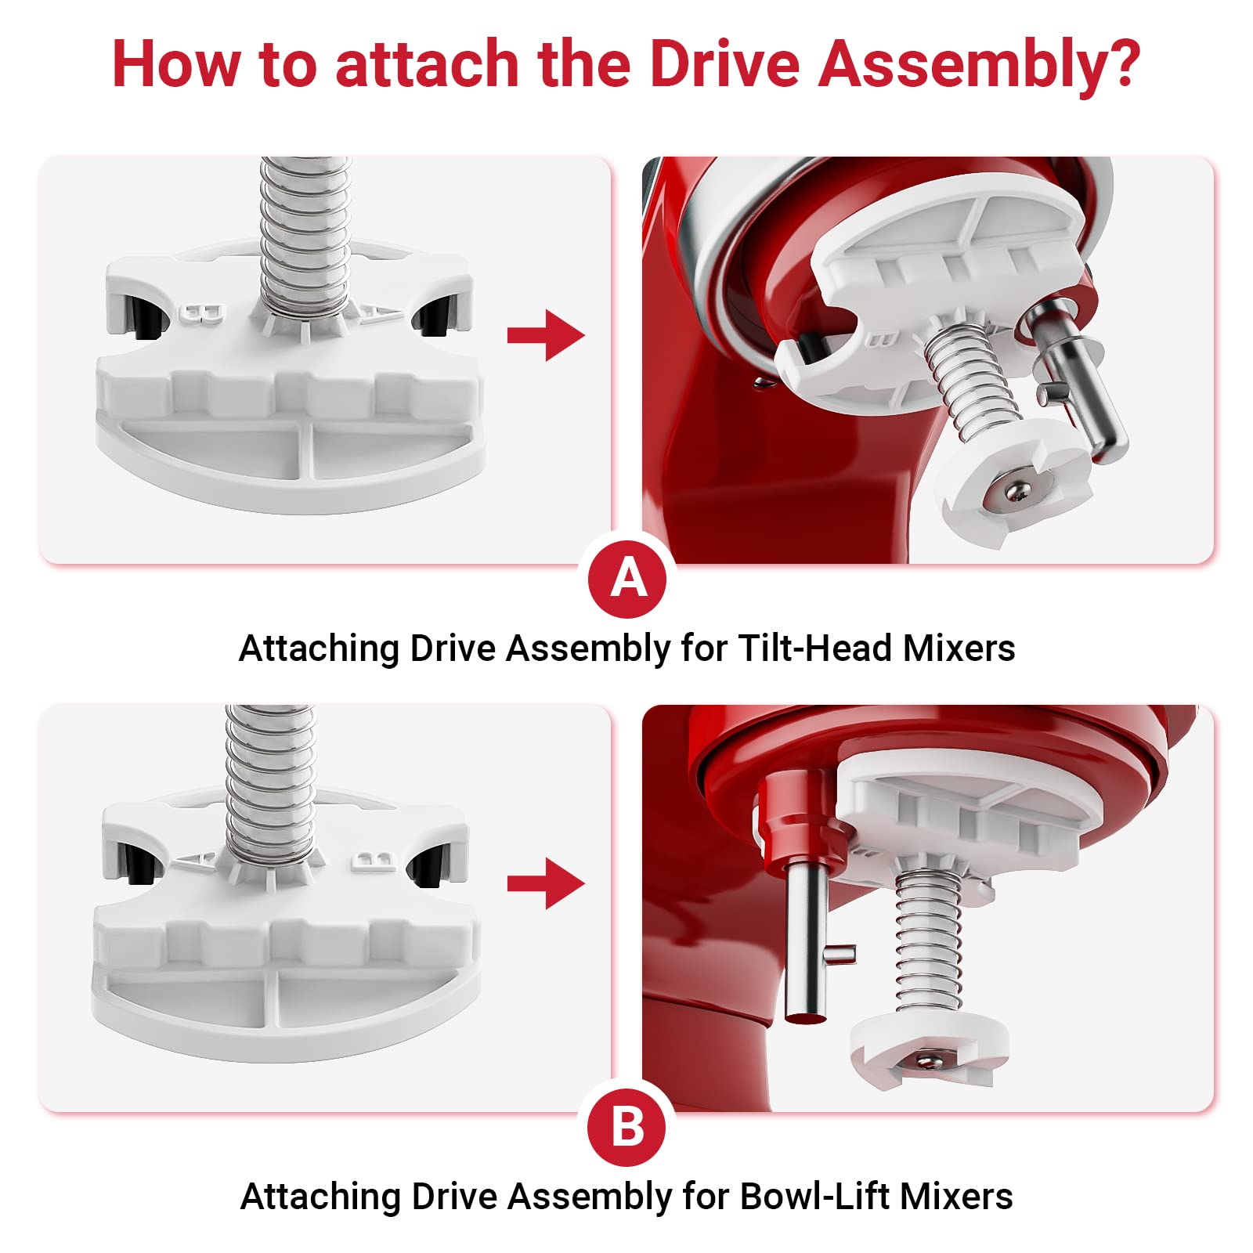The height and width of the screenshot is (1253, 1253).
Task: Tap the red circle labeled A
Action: click(628, 580)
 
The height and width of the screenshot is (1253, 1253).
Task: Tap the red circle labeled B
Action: click(626, 1127)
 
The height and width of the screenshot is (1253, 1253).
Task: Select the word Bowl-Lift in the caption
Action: click(814, 1197)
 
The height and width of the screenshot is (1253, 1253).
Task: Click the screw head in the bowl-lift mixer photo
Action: click(930, 1061)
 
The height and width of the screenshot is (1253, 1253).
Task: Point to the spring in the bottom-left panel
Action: click(271, 783)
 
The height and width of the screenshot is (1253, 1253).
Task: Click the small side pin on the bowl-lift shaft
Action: click(841, 953)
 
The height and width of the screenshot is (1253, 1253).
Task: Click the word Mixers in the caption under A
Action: click(959, 648)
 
